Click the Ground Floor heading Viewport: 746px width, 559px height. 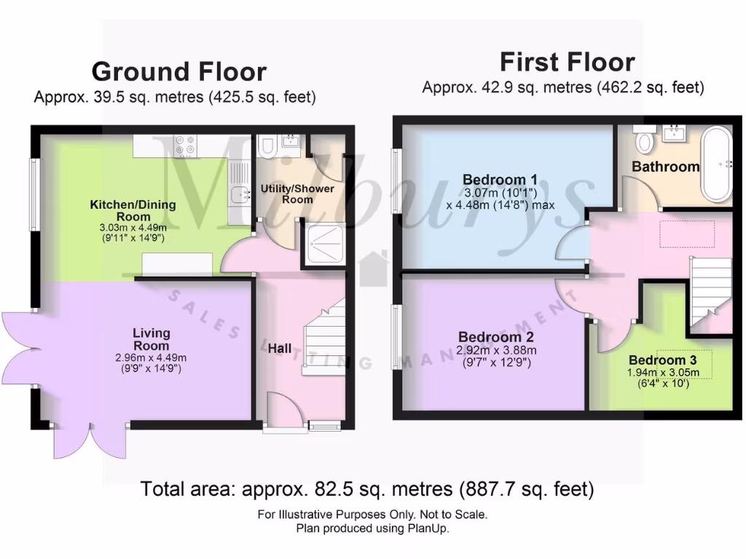(178, 72)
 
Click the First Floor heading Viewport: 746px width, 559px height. (567, 62)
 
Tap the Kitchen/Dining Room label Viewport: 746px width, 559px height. (133, 210)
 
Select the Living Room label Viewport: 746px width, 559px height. (152, 339)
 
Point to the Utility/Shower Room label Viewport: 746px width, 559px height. (297, 194)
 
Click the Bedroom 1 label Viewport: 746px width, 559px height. (500, 180)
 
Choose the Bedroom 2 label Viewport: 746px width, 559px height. (496, 337)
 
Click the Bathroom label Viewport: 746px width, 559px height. (665, 167)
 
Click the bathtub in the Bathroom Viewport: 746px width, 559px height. (718, 164)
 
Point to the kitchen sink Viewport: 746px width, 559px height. (237, 193)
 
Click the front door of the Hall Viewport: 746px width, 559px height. (284, 412)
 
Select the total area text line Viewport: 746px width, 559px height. (366, 489)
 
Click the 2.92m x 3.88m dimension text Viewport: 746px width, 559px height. (496, 350)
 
